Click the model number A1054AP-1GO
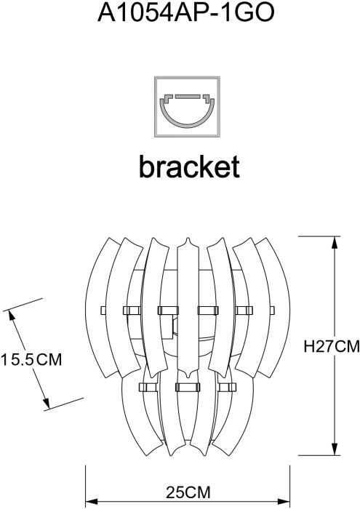click(186, 12)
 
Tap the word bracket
click(189, 167)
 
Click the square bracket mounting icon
click(188, 106)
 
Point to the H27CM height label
click(332, 346)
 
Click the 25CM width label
click(188, 492)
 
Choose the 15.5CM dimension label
click(31, 359)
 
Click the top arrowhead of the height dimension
click(335, 242)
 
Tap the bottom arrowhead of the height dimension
click(335, 449)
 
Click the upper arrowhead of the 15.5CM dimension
click(12, 315)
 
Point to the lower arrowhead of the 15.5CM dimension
click(47, 403)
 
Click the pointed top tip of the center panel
click(187, 238)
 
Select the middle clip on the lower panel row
click(187, 388)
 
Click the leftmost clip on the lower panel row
click(148, 388)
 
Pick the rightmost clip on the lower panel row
click(227, 388)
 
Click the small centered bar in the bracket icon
click(188, 96)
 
